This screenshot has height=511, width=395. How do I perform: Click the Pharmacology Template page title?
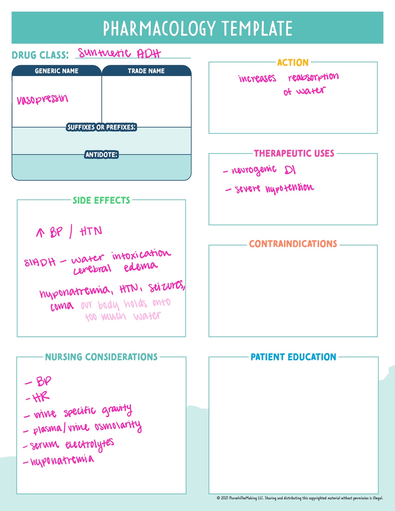[x=197, y=28]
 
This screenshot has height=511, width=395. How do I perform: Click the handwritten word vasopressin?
[x=42, y=99]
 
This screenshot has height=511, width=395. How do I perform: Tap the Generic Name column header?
[x=57, y=71]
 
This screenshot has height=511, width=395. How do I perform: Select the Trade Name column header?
[x=146, y=71]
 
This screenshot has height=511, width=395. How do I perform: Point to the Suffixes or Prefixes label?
[x=101, y=127]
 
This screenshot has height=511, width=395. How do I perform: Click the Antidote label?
[x=101, y=155]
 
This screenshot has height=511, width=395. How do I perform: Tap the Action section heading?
[x=293, y=62]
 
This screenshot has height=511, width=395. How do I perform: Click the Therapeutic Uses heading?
[x=294, y=153]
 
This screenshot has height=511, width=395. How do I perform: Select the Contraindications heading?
[x=293, y=244]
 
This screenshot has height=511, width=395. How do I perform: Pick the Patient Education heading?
[x=293, y=357]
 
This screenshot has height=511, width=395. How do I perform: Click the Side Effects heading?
[x=101, y=200]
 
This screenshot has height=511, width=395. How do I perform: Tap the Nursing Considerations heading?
[x=101, y=357]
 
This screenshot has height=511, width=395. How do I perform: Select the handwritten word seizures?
[x=166, y=287]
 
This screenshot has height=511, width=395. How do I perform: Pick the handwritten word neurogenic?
[x=254, y=170]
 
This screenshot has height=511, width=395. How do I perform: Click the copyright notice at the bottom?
[x=300, y=498]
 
